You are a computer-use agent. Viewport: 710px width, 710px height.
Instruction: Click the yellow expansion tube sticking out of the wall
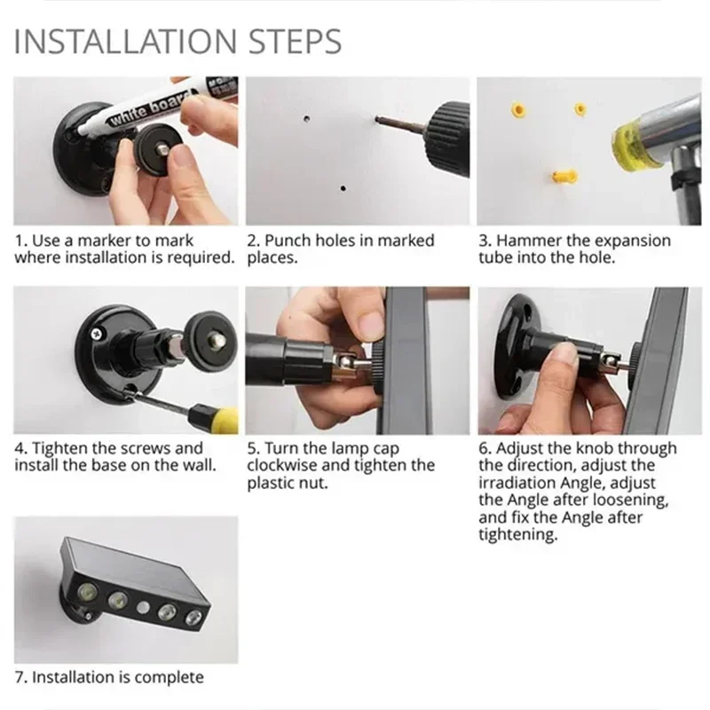(x=563, y=176)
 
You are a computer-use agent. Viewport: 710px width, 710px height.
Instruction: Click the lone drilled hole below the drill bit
(x=343, y=188)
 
